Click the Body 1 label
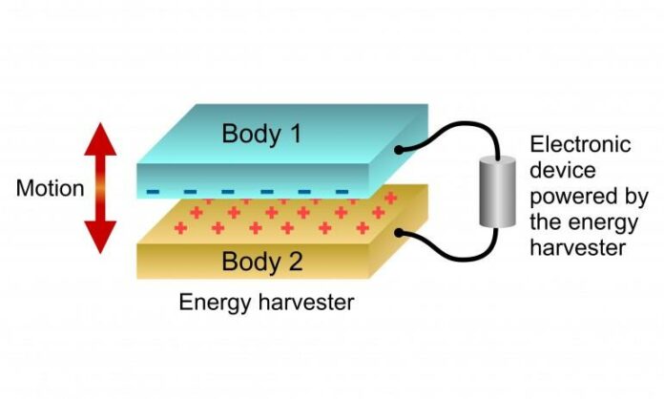pyautogui.click(x=261, y=134)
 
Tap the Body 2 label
pyautogui.click(x=262, y=261)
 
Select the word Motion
pyautogui.click(x=50, y=188)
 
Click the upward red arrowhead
pyautogui.click(x=100, y=139)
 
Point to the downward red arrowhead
pyautogui.click(x=100, y=237)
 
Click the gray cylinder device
pyautogui.click(x=497, y=192)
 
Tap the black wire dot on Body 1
pyautogui.click(x=398, y=150)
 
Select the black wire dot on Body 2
pyautogui.click(x=398, y=233)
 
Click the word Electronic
pyautogui.click(x=580, y=144)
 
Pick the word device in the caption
pyautogui.click(x=563, y=170)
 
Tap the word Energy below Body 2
pyautogui.click(x=215, y=304)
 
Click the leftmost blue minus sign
pyautogui.click(x=153, y=192)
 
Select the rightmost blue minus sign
pyautogui.click(x=342, y=192)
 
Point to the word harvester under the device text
pyautogui.click(x=577, y=248)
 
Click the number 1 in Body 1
pyautogui.click(x=295, y=133)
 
